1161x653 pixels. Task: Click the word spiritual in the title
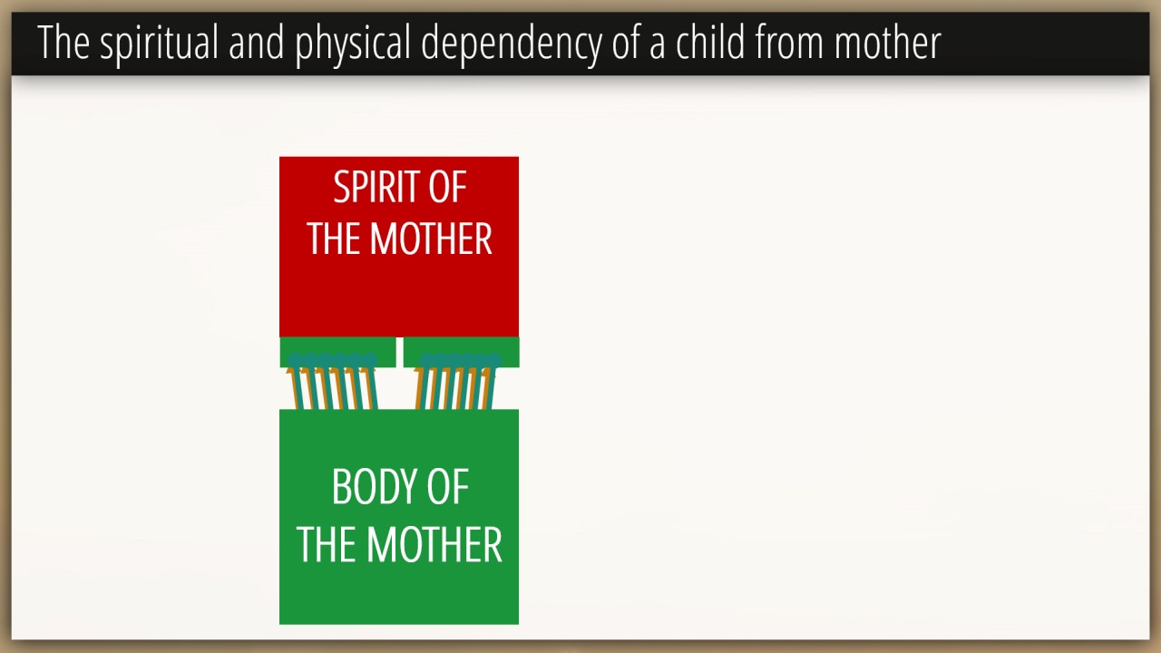159,44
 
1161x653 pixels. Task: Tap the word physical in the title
353,44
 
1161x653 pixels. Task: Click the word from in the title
789,42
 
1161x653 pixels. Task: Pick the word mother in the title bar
887,43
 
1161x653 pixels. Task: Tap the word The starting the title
63,43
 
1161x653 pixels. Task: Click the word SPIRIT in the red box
376,187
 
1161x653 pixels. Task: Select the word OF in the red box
447,187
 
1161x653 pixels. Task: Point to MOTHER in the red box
431,239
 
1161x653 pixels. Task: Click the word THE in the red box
334,239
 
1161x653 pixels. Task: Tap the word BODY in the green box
375,487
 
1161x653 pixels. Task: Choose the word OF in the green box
448,487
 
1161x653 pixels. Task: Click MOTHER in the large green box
434,545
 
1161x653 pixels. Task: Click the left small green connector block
338,352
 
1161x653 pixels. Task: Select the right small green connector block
462,352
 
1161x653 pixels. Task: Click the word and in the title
257,43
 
